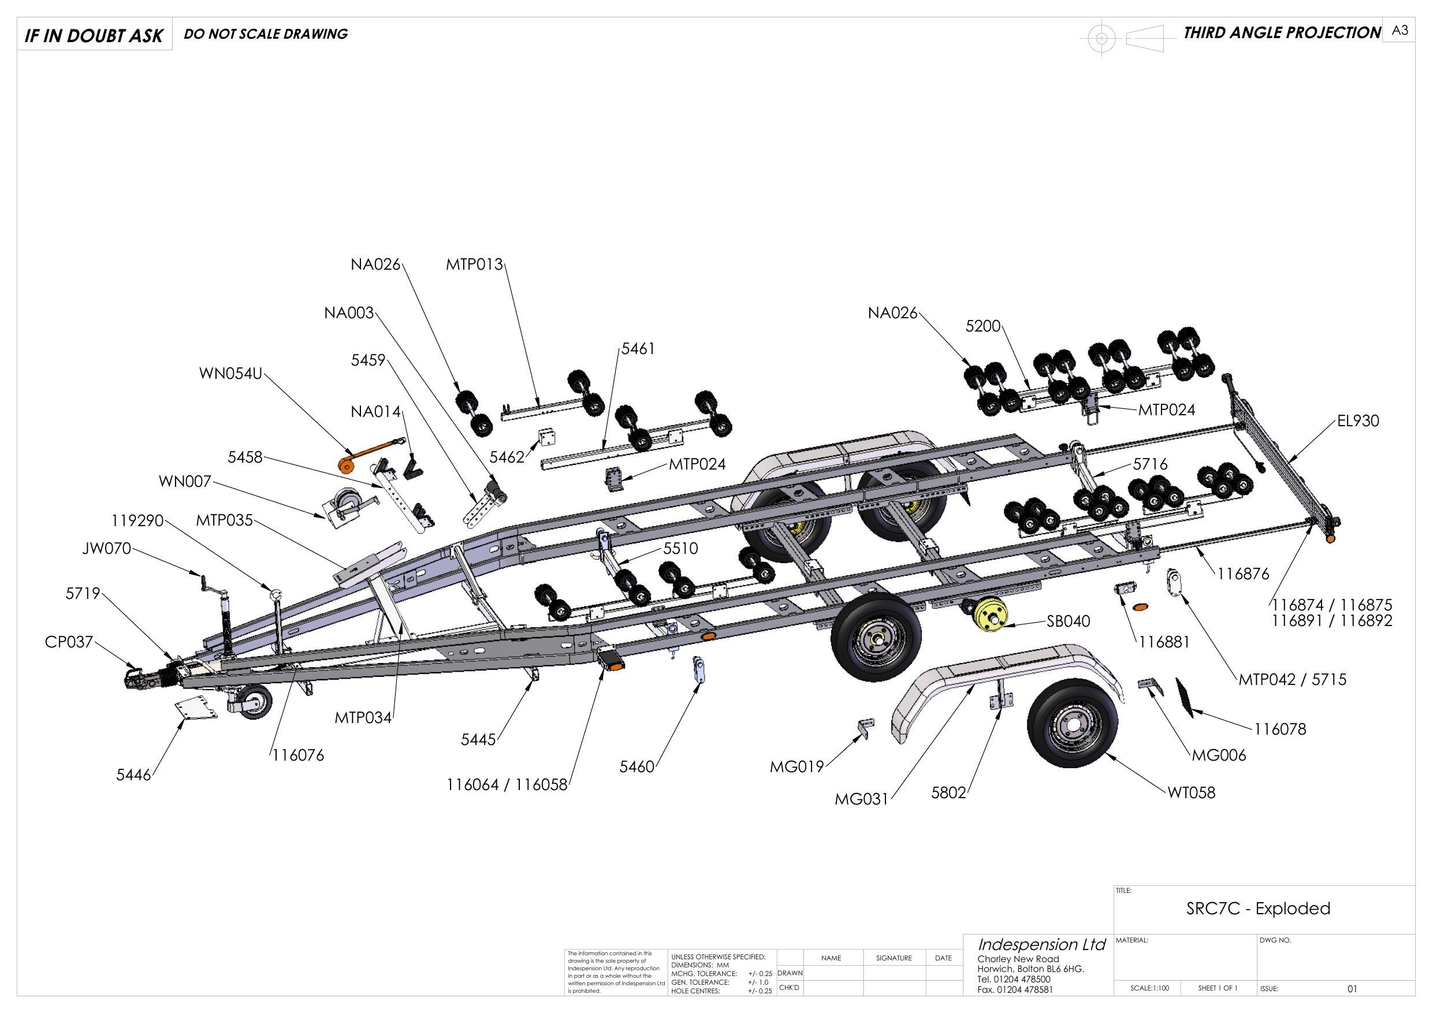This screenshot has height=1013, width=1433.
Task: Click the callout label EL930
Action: click(x=1357, y=420)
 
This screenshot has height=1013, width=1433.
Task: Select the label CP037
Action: click(x=68, y=642)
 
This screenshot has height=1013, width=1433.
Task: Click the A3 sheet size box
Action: click(x=1399, y=31)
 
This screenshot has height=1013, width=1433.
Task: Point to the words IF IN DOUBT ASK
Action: click(x=94, y=36)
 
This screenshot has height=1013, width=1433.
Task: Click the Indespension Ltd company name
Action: click(x=1041, y=944)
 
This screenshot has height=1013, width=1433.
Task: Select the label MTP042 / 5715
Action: click(x=1292, y=679)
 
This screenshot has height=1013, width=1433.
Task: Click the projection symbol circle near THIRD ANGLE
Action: click(x=1101, y=39)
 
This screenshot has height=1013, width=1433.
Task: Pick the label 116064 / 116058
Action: click(x=507, y=785)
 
